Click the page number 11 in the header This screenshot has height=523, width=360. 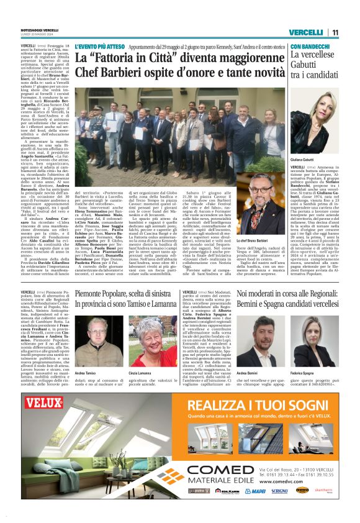(x=335, y=33)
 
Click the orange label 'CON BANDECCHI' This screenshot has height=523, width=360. (x=310, y=47)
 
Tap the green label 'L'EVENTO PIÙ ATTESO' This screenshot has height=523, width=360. (x=97, y=47)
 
